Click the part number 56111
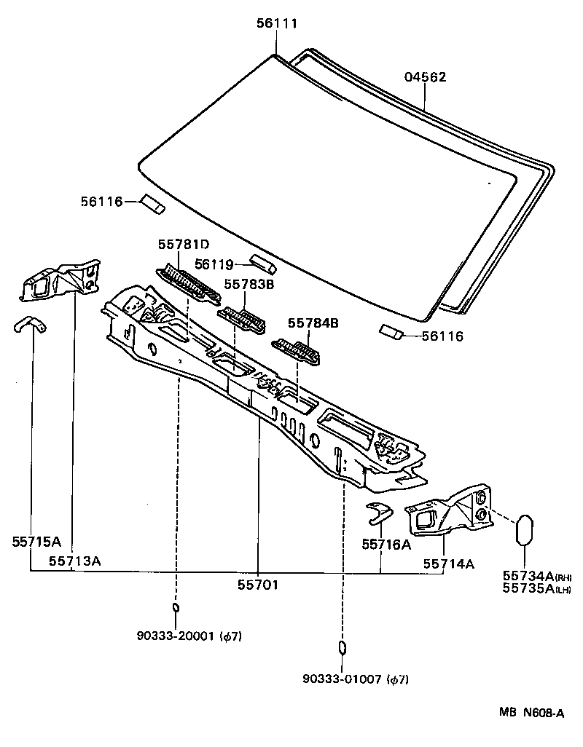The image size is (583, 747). pos(277,24)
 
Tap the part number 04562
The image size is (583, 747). pos(426,77)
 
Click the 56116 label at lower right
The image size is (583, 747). pos(443,336)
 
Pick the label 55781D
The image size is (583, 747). pos(183,244)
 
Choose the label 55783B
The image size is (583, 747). pos(249,285)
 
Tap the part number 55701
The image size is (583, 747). pos(259,584)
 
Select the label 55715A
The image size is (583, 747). pos(36,542)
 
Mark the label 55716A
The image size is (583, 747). pos(387,544)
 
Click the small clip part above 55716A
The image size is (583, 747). pos(378,511)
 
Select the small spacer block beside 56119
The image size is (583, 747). pos(261,261)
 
